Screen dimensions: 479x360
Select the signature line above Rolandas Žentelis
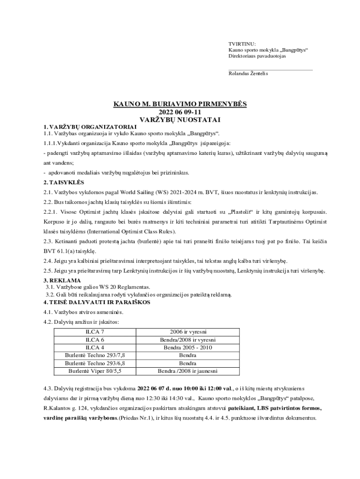270,70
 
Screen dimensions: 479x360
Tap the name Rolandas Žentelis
248,73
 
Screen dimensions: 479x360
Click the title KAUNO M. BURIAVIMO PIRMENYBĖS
180,104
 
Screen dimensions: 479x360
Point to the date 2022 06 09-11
180,112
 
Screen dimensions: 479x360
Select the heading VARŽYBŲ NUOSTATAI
180,120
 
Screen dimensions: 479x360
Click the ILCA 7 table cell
95,332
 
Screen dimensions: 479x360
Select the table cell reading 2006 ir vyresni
187,332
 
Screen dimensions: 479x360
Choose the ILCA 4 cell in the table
95,348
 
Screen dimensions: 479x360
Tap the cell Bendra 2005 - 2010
187,348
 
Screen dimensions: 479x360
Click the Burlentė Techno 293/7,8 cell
95,356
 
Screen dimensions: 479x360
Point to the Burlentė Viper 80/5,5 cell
95,371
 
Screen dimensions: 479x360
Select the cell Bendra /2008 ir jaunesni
187,371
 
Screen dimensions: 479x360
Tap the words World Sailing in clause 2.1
137,192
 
